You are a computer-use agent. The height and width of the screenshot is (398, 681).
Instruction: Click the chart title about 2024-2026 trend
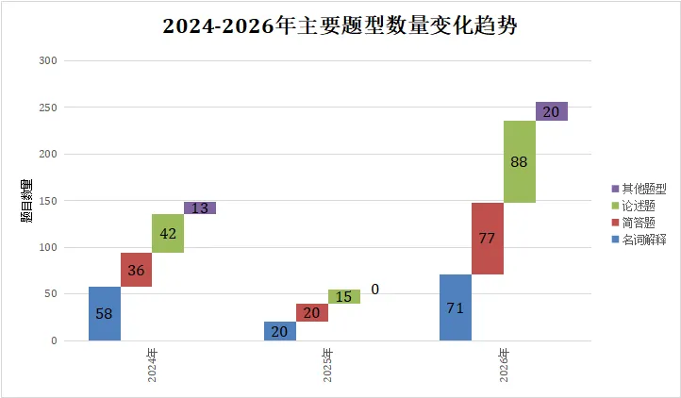(x=340, y=26)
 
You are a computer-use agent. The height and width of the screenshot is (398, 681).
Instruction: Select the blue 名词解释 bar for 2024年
(x=105, y=313)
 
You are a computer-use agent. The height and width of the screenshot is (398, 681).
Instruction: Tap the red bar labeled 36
(x=137, y=270)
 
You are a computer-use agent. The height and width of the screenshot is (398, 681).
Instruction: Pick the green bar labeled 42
(x=168, y=234)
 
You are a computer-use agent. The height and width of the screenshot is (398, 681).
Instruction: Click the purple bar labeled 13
(x=200, y=208)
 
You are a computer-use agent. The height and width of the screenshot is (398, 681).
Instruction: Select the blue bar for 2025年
(x=280, y=331)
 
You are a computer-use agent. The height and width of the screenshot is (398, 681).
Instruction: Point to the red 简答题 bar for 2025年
(x=312, y=312)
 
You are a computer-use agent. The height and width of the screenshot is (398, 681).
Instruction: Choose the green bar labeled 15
(x=344, y=296)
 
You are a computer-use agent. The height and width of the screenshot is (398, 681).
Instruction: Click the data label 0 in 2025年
(x=375, y=290)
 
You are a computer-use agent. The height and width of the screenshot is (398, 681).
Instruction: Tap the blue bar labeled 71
(x=456, y=307)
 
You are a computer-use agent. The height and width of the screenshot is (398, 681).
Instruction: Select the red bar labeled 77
(x=488, y=239)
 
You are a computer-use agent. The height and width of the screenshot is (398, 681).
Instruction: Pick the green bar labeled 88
(x=520, y=162)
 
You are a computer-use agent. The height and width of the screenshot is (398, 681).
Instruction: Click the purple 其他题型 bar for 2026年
(x=552, y=111)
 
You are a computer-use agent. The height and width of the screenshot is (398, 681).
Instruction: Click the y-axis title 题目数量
(x=26, y=200)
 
